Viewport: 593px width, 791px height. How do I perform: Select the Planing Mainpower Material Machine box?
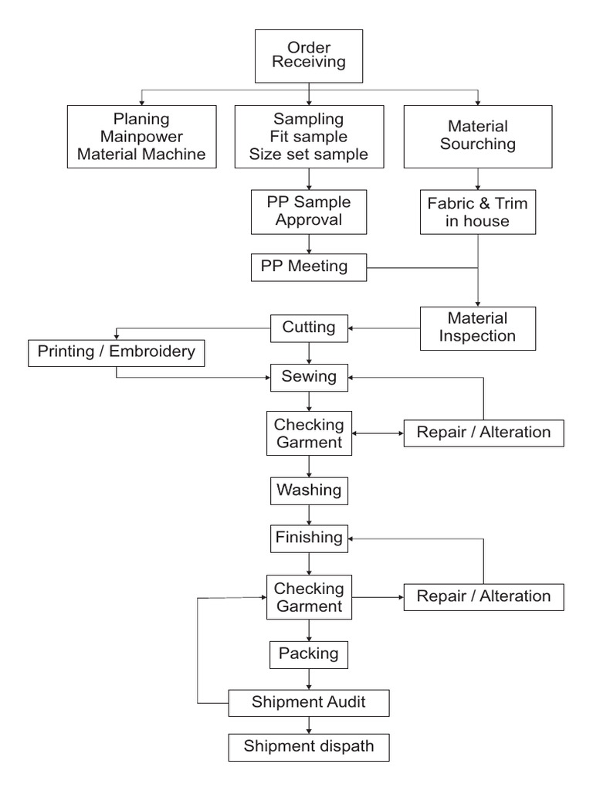click(141, 137)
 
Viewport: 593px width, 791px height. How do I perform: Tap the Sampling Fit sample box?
click(309, 137)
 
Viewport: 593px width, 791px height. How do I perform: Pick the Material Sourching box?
click(478, 136)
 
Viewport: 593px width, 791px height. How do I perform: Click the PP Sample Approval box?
click(309, 211)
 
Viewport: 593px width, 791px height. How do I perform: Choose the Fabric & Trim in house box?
click(478, 212)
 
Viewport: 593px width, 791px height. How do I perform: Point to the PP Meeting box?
click(309, 267)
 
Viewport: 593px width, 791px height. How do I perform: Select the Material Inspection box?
click(478, 328)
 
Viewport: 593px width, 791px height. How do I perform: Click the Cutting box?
click(309, 328)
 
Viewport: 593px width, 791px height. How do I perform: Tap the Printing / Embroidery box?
click(117, 353)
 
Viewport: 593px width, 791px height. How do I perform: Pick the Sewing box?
click(309, 377)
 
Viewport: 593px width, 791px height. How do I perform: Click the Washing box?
click(309, 490)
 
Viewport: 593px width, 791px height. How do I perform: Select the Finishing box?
click(309, 538)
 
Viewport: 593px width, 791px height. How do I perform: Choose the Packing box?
click(309, 654)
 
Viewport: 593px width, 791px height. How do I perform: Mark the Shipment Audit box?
click(309, 702)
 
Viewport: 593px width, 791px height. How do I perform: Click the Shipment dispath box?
click(309, 746)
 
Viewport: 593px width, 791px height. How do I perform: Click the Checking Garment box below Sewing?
click(309, 434)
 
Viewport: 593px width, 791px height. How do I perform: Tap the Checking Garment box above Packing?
click(309, 597)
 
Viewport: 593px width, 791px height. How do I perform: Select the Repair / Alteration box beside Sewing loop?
click(483, 433)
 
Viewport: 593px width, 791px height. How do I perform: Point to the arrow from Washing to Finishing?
click(309, 514)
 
